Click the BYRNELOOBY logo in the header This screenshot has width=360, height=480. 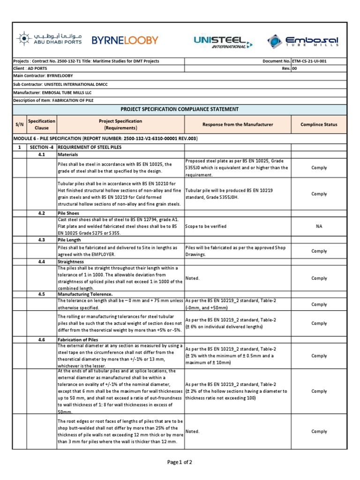click(125, 40)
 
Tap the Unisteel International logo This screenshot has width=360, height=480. click(223, 42)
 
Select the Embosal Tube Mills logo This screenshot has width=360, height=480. click(303, 41)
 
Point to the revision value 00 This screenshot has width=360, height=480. click(294, 68)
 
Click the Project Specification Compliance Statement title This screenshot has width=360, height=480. click(180, 109)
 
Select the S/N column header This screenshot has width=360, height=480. click(19, 124)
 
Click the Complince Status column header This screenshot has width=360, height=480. click(319, 124)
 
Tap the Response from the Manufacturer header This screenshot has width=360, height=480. click(237, 124)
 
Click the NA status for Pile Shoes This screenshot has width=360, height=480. click(319, 226)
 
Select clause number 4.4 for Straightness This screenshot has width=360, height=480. click(42, 262)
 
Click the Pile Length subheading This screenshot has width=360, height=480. click(69, 240)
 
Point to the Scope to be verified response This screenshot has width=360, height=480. click(206, 226)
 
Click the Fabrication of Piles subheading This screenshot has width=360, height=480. click(77, 339)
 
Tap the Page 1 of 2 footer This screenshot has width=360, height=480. click(180, 462)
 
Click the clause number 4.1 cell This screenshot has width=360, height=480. click(42, 154)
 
